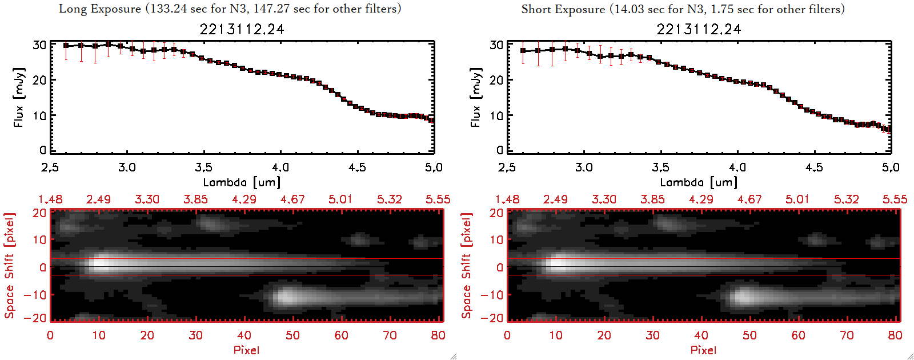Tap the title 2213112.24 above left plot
tap(242, 29)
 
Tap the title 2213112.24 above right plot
tap(699, 29)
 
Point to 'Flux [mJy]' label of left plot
tap(19, 97)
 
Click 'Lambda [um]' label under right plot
tap(699, 182)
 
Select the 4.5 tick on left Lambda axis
tap(357, 167)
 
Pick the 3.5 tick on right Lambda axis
tap(660, 167)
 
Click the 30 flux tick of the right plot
tap(496, 45)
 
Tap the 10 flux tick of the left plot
tap(39, 115)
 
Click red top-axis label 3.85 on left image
tap(195, 199)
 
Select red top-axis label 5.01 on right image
tap(797, 199)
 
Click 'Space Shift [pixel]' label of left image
tap(9, 266)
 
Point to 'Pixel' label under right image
tap(703, 350)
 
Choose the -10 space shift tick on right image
tap(492, 295)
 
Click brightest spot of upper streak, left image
tap(101, 264)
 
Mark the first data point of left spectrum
tap(66, 46)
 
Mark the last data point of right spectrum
tap(889, 129)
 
